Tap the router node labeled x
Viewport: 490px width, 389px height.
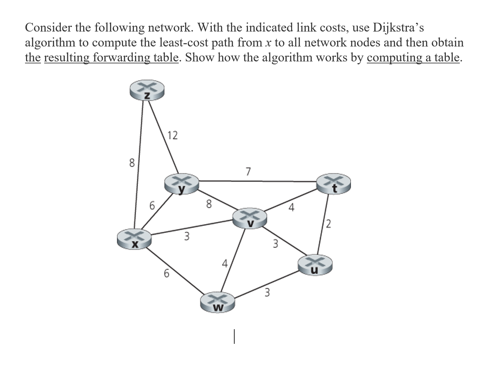click(134, 240)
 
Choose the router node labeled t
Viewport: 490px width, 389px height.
click(334, 184)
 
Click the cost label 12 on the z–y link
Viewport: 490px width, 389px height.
click(173, 135)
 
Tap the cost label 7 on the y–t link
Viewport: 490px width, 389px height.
click(248, 171)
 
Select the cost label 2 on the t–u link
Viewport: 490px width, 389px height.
click(329, 224)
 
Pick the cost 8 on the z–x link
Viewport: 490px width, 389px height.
click(132, 162)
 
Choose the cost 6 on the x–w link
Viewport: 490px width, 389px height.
click(166, 274)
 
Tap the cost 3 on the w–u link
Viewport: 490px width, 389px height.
click(267, 293)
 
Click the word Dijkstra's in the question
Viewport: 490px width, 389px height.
click(398, 28)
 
